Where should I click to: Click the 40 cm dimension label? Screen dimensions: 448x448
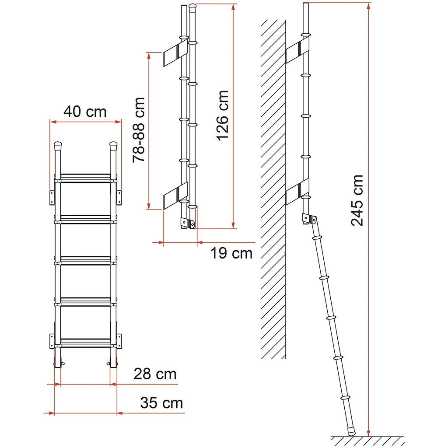[x=85, y=112]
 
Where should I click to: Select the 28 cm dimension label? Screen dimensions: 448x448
[x=155, y=374]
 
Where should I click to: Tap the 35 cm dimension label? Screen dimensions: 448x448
[x=162, y=403]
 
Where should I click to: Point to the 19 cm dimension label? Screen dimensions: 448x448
[x=231, y=253]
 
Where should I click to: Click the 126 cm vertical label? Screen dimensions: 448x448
[x=223, y=115]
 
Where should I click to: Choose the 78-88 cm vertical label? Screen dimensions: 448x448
[x=139, y=130]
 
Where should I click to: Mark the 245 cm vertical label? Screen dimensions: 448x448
[x=357, y=200]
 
